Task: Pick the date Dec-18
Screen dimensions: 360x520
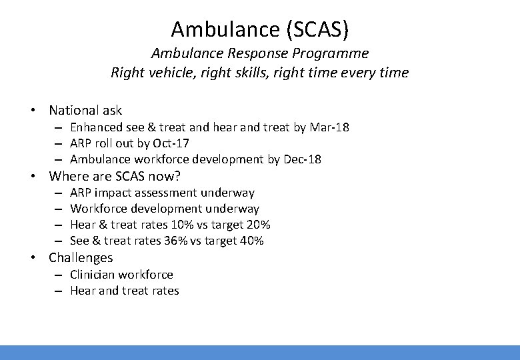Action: (x=301, y=159)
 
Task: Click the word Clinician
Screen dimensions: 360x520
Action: (x=93, y=275)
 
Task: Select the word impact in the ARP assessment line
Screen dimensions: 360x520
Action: (x=111, y=193)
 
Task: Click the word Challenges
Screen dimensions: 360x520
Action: (x=81, y=258)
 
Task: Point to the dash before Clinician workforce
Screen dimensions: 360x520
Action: (x=59, y=275)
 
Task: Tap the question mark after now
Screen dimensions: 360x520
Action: (x=178, y=177)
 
